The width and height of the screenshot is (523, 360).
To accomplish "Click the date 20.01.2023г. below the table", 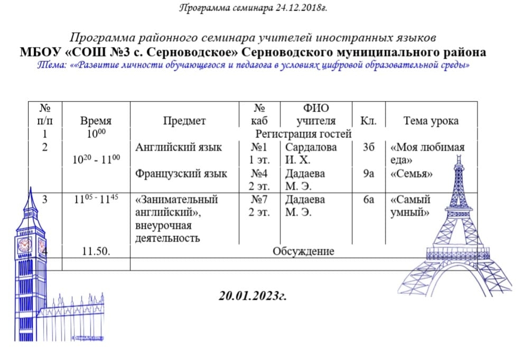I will tap(253, 296).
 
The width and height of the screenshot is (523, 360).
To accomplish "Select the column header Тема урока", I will tap(431, 121).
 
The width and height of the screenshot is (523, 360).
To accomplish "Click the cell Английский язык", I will tap(179, 147).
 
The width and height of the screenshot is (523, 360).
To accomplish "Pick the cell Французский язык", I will tap(181, 173).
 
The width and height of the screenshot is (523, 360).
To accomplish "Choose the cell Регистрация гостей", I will tap(303, 134).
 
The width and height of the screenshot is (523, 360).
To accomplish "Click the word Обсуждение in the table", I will tap(303, 251).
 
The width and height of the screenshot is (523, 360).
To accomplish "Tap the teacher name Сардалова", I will tap(311, 147).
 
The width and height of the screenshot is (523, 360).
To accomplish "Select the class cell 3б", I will tap(368, 147).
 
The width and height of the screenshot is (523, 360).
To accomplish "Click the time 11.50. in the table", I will tap(96, 251).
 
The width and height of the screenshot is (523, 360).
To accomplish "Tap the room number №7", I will tap(259, 200).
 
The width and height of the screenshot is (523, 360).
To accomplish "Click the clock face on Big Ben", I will tap(24, 245).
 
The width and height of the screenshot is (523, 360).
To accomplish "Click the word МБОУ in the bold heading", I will tap(37, 53).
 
